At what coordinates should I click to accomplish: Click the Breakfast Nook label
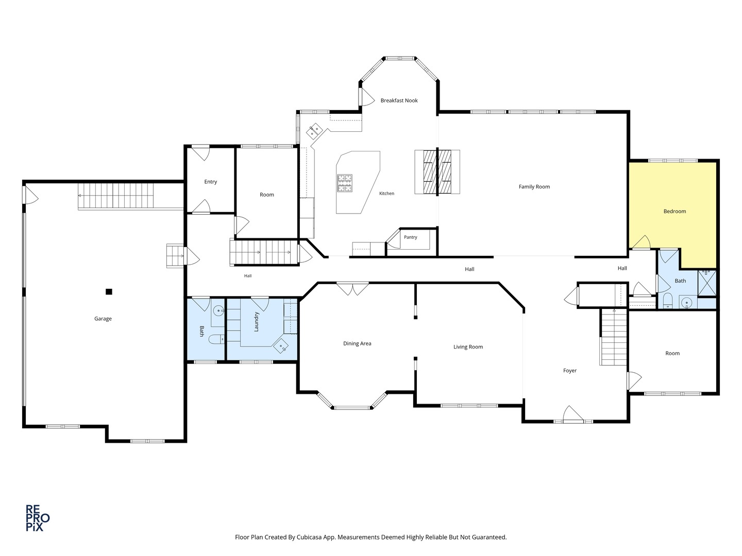(399, 100)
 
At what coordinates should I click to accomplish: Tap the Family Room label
(534, 187)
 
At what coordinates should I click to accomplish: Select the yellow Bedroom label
(674, 211)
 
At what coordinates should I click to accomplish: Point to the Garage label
(103, 319)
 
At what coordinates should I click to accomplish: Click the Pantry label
(410, 237)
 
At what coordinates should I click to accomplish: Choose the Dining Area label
(357, 344)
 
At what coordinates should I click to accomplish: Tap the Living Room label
(468, 347)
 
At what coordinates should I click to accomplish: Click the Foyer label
(569, 371)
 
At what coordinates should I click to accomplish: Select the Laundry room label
(256, 322)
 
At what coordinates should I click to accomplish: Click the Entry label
(210, 182)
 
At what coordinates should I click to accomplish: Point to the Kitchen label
(386, 194)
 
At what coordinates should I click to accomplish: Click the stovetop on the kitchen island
(345, 183)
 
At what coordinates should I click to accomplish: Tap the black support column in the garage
(109, 292)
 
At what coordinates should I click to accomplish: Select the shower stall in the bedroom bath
(707, 283)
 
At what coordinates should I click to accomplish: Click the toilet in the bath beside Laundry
(216, 339)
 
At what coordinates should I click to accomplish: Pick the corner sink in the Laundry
(281, 346)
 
